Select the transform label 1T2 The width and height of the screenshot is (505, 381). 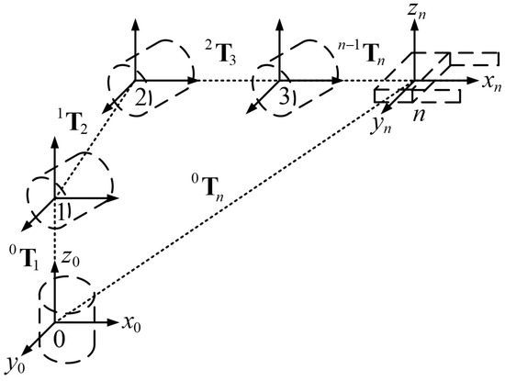[73, 120]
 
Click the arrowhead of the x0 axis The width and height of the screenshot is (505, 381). [116, 322]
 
